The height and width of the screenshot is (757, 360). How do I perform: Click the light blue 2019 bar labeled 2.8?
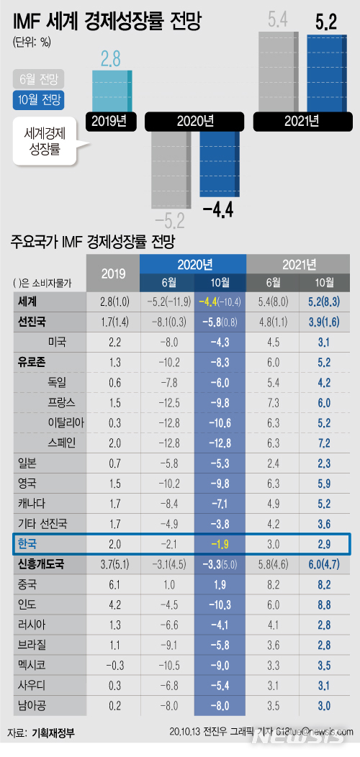pyautogui.click(x=112, y=91)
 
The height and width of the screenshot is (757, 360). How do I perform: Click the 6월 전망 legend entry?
pyautogui.click(x=39, y=78)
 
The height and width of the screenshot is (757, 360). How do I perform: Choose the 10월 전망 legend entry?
pyautogui.click(x=39, y=101)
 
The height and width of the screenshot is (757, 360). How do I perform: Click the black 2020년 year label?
pyautogui.click(x=194, y=121)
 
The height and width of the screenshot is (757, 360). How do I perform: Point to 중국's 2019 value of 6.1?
pyautogui.click(x=112, y=584)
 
